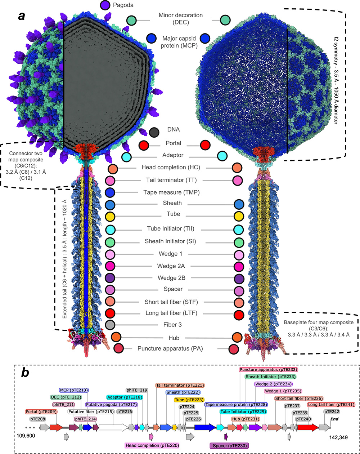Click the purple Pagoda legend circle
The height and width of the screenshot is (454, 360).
click(x=105, y=5)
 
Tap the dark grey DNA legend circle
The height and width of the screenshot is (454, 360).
click(x=154, y=132)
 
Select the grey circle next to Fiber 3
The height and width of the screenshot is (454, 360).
click(x=110, y=325)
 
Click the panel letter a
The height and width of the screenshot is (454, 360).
click(x=22, y=16)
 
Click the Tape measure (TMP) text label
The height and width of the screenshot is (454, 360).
click(x=171, y=192)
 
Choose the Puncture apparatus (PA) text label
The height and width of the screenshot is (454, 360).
click(x=170, y=348)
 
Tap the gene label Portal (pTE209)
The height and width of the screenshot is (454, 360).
click(x=41, y=411)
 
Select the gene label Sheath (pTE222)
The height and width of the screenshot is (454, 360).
click(x=183, y=392)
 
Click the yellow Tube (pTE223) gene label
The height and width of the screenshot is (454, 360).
click(x=189, y=400)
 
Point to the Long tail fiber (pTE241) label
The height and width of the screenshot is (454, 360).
click(x=331, y=405)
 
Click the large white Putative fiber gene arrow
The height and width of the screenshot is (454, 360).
click(x=114, y=428)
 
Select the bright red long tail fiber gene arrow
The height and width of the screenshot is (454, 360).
click(x=308, y=428)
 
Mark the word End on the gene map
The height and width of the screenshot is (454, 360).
click(x=334, y=419)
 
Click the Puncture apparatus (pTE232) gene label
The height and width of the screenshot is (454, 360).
click(x=269, y=370)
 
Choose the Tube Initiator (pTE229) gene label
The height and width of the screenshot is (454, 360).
click(x=243, y=411)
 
